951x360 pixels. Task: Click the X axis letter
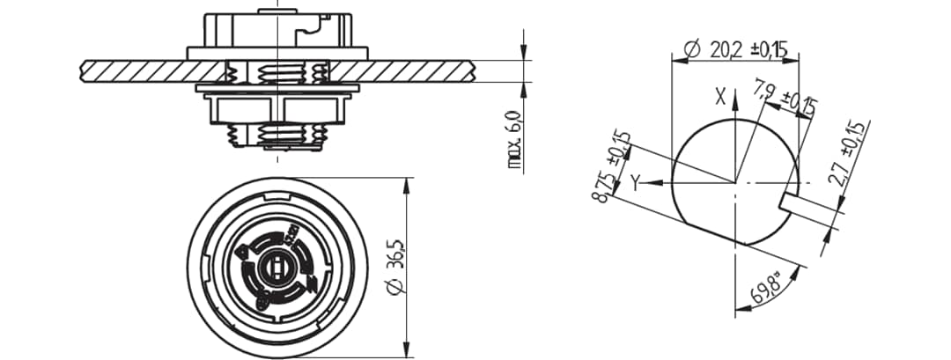point(720,98)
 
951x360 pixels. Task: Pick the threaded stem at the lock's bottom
point(277,136)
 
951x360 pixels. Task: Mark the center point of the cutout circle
point(734,183)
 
